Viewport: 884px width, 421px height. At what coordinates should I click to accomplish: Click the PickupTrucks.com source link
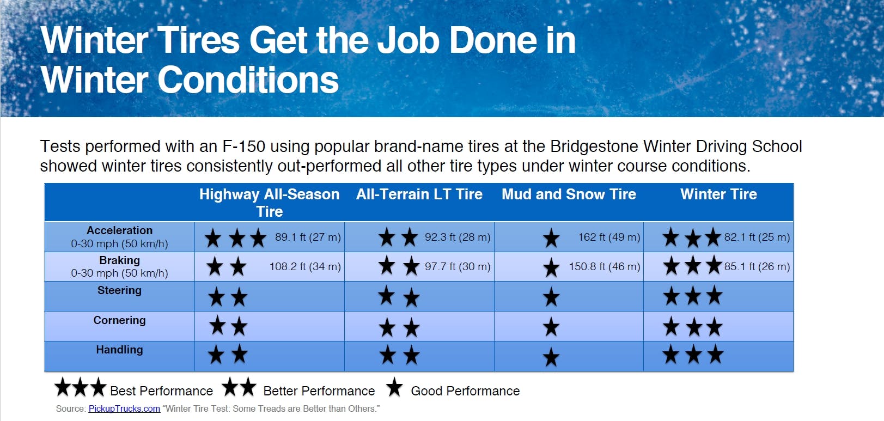pyautogui.click(x=124, y=409)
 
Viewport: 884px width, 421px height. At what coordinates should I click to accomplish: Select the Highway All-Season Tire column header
pyautogui.click(x=270, y=203)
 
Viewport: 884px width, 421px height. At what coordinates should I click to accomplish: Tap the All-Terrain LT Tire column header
pyautogui.click(x=419, y=194)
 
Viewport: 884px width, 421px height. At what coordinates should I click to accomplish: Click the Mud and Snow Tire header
pyautogui.click(x=569, y=194)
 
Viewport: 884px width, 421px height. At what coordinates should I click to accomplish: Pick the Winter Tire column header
pyautogui.click(x=718, y=194)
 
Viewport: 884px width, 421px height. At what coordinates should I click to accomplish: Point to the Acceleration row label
pyautogui.click(x=120, y=230)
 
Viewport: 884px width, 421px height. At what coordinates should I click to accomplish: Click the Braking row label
pyautogui.click(x=120, y=260)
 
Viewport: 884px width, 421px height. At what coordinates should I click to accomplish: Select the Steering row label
pyautogui.click(x=120, y=290)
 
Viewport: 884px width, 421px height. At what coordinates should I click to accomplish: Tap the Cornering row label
pyautogui.click(x=120, y=320)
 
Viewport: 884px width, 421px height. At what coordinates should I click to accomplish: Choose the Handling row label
pyautogui.click(x=120, y=350)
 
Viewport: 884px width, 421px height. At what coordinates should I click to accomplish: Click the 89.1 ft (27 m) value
pyautogui.click(x=308, y=237)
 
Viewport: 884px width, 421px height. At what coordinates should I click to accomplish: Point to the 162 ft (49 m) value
pyautogui.click(x=609, y=237)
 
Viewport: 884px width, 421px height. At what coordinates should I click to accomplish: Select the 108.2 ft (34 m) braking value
pyautogui.click(x=305, y=267)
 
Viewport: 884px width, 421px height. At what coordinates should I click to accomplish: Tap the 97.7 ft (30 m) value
pyautogui.click(x=458, y=267)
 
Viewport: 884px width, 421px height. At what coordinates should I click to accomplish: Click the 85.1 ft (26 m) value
pyautogui.click(x=757, y=267)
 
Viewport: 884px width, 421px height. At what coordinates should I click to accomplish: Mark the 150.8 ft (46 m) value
pyautogui.click(x=604, y=267)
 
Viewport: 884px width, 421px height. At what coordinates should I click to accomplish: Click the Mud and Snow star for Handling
pyautogui.click(x=551, y=357)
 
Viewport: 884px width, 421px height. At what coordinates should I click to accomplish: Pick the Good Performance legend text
pyautogui.click(x=465, y=391)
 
